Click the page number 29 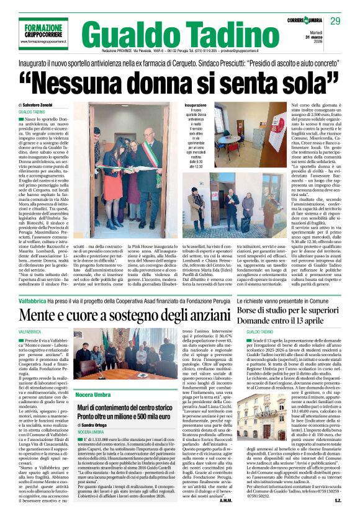pyautogui.click(x=335, y=20)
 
